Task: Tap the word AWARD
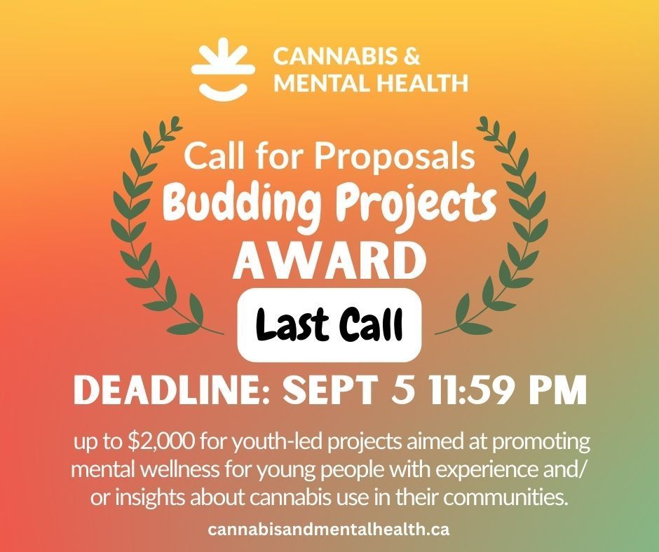[x=329, y=260]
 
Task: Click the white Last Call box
[x=329, y=324]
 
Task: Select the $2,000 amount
[x=149, y=444]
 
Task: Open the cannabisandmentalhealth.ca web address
[x=329, y=530]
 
